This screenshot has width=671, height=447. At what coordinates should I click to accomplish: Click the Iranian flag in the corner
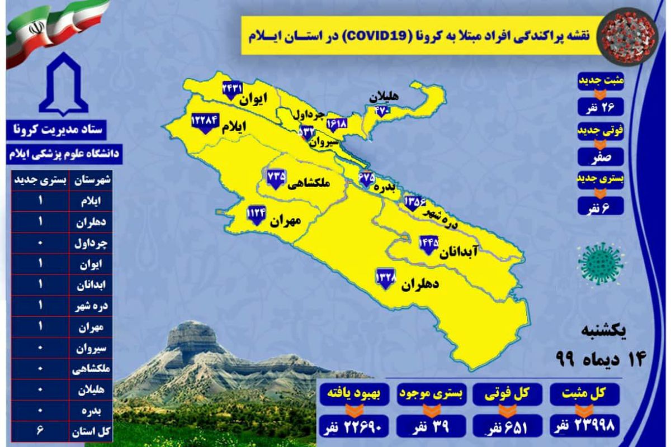coord(56,31)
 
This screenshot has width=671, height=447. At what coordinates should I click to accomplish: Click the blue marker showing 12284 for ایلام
coord(205,122)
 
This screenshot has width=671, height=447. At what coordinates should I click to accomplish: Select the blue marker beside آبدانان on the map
coord(429,244)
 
